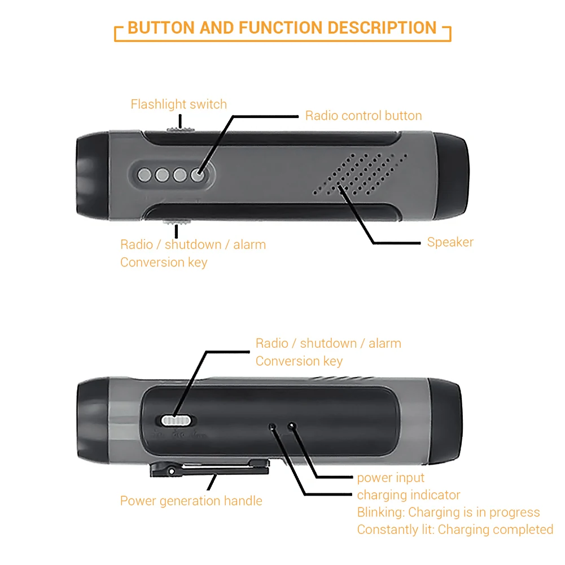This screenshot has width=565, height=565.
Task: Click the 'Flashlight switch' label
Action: coord(178,104)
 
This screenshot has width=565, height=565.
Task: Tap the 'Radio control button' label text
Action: coord(363,116)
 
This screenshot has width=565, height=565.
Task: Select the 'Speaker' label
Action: coord(450,242)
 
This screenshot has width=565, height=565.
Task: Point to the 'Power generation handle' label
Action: coord(191,501)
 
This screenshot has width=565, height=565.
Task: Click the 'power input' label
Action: coord(391,478)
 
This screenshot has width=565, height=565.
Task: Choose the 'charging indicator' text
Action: coord(409,496)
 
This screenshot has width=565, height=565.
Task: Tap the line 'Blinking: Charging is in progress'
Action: coord(448,513)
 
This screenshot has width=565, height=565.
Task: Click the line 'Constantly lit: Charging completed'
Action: coord(455,530)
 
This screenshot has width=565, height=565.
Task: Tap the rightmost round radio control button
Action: coord(198,175)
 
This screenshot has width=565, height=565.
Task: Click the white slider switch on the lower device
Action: coord(177,421)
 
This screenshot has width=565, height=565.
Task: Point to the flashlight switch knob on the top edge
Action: coord(180,129)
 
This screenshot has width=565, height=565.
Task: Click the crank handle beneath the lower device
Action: coord(209,467)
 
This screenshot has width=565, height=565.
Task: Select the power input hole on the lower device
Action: coord(292,426)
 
